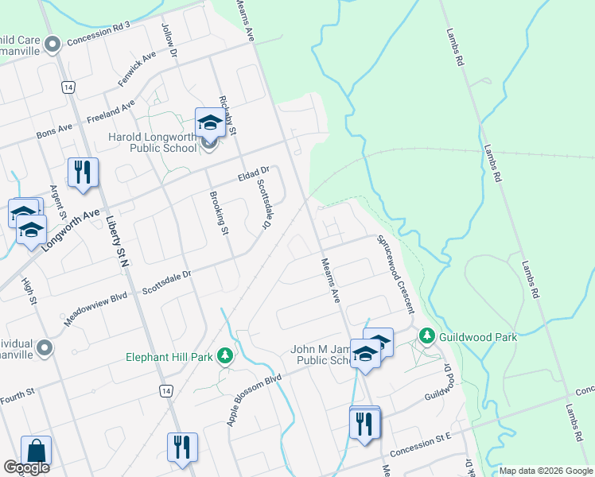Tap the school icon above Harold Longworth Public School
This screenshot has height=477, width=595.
210,122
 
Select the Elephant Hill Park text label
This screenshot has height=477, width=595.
169,357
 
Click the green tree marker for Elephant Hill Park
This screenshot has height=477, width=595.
226,355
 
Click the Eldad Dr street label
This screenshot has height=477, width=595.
255,173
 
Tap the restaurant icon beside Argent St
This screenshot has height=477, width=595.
83,173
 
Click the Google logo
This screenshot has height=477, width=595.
26,467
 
